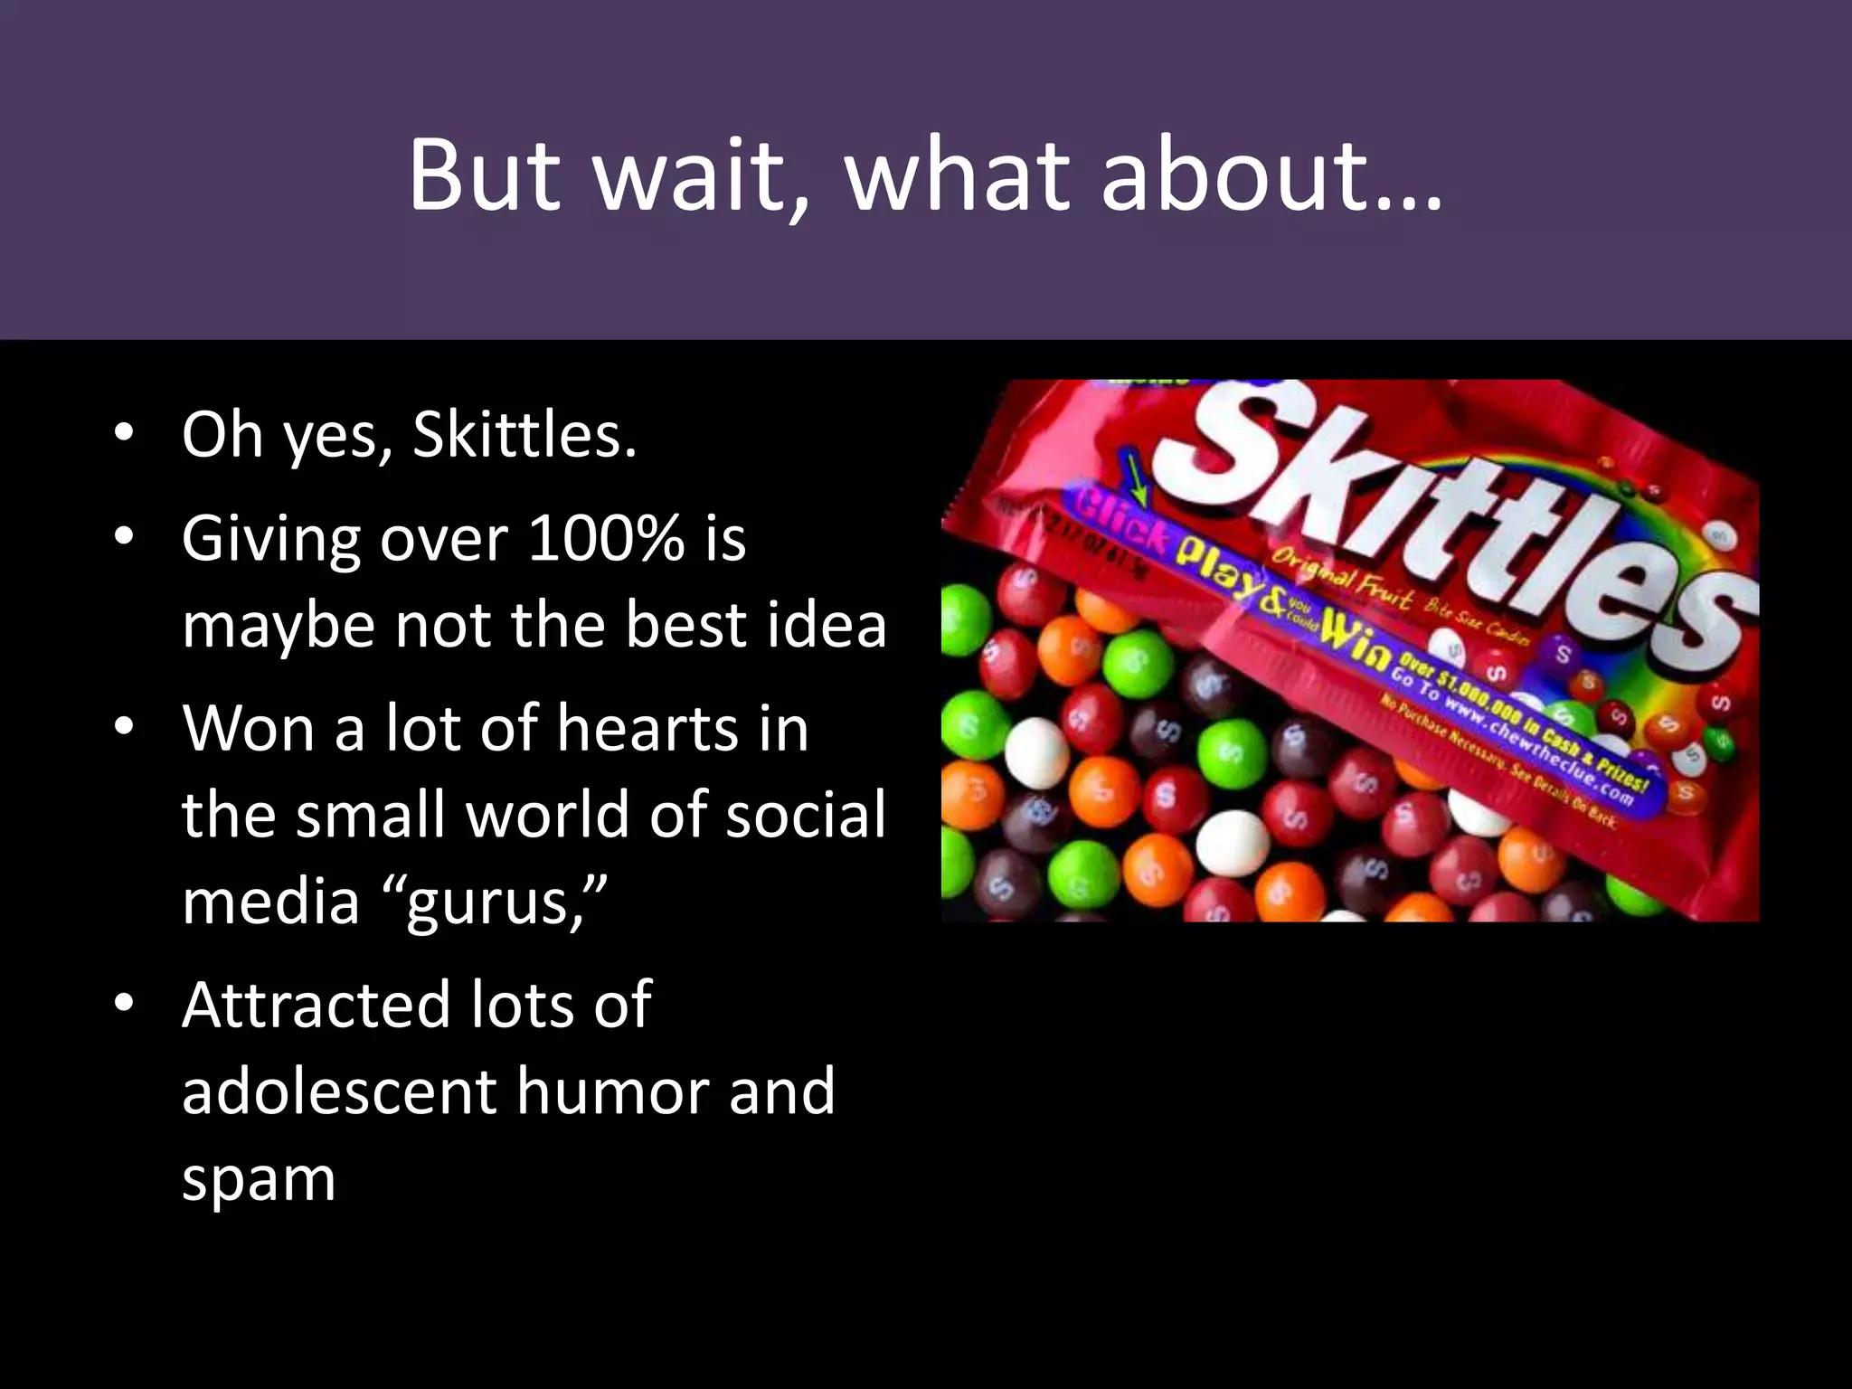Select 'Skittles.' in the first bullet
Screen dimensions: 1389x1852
point(524,435)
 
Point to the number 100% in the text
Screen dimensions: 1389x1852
point(606,539)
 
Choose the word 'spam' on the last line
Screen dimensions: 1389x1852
point(259,1179)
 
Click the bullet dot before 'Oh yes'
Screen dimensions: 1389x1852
point(125,431)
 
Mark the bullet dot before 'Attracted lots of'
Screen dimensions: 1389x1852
point(125,1002)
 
